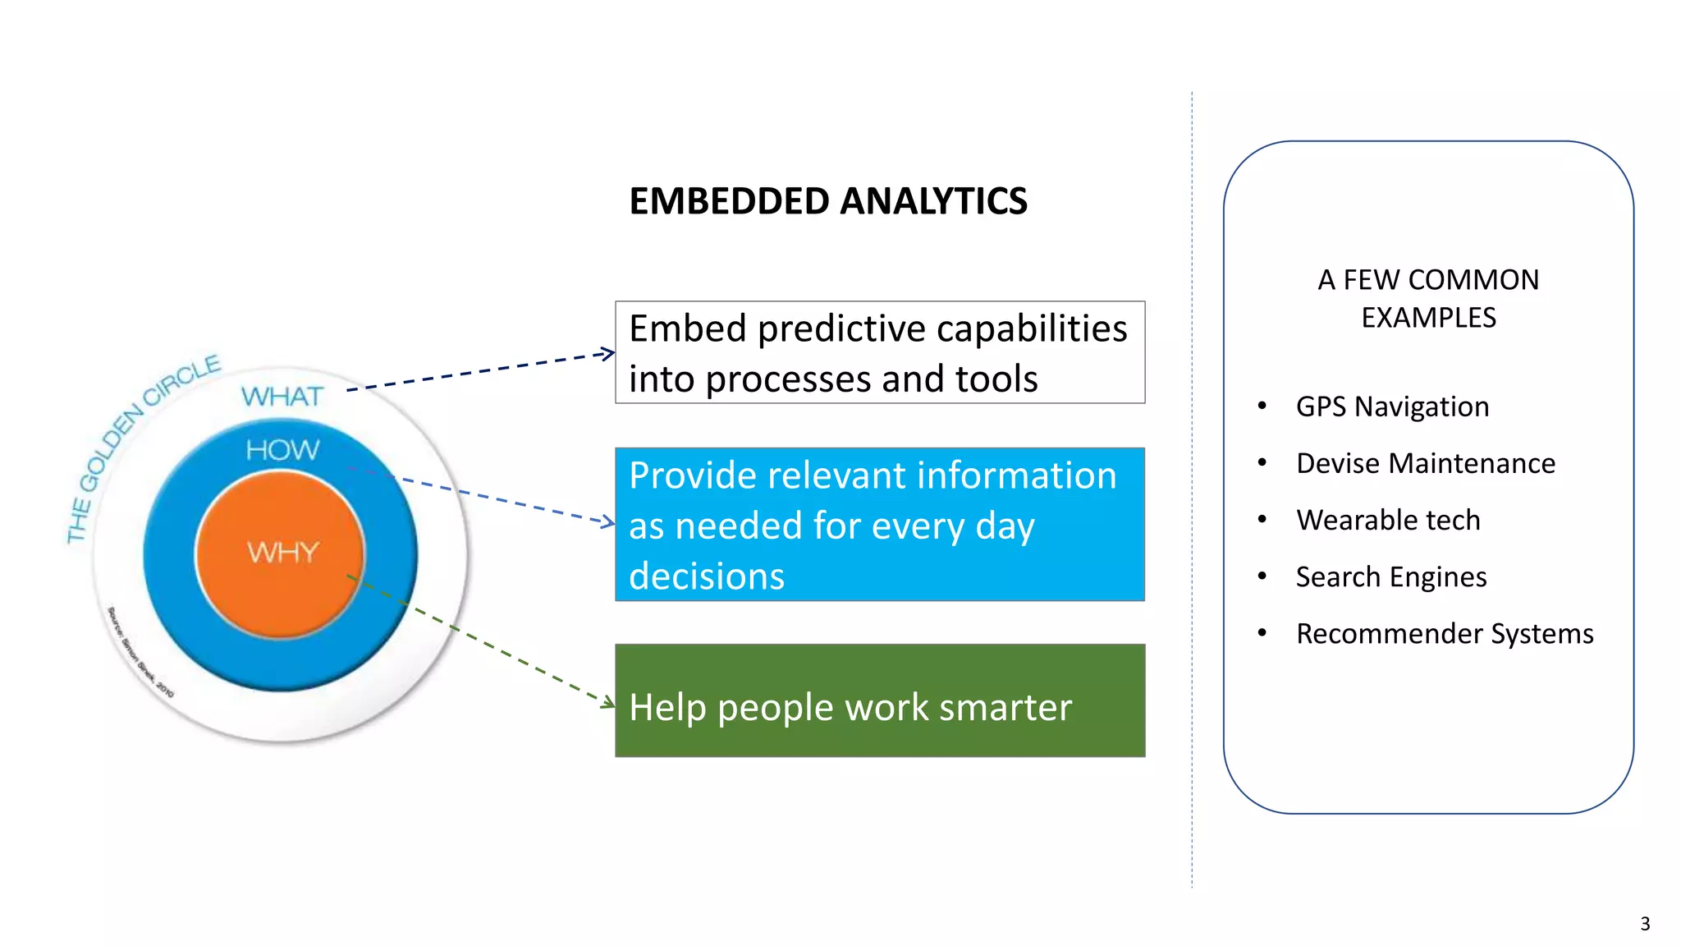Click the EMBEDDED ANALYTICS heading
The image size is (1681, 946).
click(x=827, y=201)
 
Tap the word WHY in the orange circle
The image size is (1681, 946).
click(x=282, y=552)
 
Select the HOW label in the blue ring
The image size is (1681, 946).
click(x=282, y=450)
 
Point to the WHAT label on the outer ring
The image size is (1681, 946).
click(x=282, y=397)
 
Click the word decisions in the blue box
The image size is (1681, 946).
click(x=707, y=576)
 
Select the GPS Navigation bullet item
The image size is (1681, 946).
click(x=1392, y=406)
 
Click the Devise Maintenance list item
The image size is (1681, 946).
click(x=1425, y=463)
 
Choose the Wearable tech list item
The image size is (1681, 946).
click(x=1388, y=520)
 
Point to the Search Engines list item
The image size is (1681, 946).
click(x=1391, y=576)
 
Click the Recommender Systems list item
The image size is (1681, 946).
click(x=1445, y=633)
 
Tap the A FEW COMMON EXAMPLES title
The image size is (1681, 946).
click(x=1428, y=298)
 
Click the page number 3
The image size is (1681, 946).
click(x=1645, y=924)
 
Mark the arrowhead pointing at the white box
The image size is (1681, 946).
click(x=608, y=354)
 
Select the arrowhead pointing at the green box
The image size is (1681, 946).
click(x=608, y=703)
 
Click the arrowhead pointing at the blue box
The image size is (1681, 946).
click(x=608, y=521)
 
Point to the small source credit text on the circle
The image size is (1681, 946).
click(x=140, y=653)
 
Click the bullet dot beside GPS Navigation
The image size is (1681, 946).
click(x=1262, y=406)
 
